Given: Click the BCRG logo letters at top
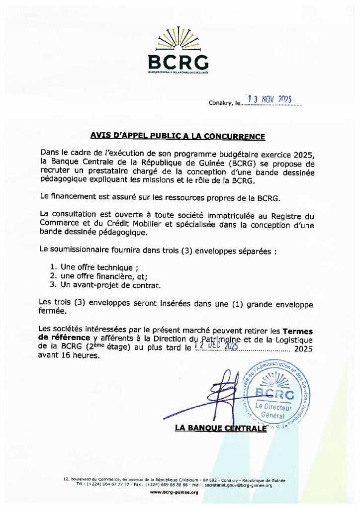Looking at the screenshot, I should [178, 62].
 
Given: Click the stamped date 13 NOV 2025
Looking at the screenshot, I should [269, 99].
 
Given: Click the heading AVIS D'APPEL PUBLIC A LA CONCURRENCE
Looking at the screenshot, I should [178, 136].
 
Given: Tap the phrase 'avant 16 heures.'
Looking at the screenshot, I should [69, 356].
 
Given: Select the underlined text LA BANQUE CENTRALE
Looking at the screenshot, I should [220, 428].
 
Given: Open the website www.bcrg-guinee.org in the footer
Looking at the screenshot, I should [174, 492].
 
